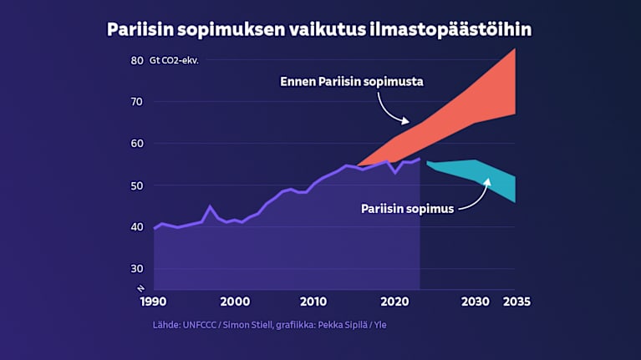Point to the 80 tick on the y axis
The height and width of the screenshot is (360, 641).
[137, 60]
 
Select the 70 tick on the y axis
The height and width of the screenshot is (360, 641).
[137, 102]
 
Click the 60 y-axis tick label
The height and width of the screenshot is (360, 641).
[137, 144]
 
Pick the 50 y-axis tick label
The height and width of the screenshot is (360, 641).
[137, 185]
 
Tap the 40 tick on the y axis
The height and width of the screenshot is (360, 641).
[137, 226]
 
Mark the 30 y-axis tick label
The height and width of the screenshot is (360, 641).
[137, 268]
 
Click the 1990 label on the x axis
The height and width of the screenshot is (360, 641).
[152, 302]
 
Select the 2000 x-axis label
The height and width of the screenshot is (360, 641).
[235, 302]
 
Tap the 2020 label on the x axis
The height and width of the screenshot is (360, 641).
[394, 302]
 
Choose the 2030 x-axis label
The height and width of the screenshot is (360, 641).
[474, 302]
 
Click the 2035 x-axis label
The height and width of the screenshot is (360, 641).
[516, 302]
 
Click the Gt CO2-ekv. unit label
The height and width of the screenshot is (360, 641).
[174, 60]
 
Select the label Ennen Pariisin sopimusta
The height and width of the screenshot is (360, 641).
[352, 82]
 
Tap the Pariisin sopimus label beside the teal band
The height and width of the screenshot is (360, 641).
[407, 209]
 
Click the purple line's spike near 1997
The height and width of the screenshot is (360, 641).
[210, 206]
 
